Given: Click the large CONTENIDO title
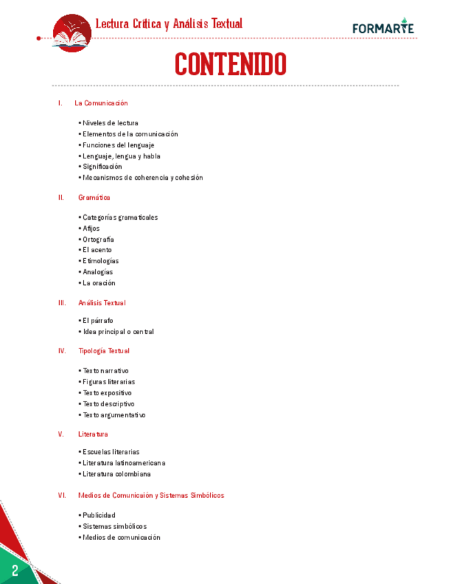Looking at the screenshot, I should [230, 65].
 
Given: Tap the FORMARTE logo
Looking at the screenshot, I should [383, 28].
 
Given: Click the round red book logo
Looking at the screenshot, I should [72, 32].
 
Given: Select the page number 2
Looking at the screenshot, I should [14, 570].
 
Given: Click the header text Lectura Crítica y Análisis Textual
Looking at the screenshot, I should [169, 24].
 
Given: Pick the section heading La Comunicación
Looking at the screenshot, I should [101, 103].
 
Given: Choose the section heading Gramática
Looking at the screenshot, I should [94, 198].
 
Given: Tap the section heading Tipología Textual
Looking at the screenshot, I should [104, 351].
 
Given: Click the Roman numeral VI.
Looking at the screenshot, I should [62, 496].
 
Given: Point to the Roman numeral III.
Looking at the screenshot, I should [62, 303].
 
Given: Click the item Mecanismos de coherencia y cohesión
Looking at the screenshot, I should [143, 178].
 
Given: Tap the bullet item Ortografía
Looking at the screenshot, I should [98, 240].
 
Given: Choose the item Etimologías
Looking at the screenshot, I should [101, 261].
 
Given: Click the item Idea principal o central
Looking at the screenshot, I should [118, 332].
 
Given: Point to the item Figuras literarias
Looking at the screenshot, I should [109, 382].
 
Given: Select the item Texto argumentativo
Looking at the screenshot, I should [114, 415].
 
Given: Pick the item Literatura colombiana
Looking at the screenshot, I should [116, 474].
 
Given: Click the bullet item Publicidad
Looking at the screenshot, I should [99, 516].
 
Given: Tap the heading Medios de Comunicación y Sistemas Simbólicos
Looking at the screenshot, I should [151, 496].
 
